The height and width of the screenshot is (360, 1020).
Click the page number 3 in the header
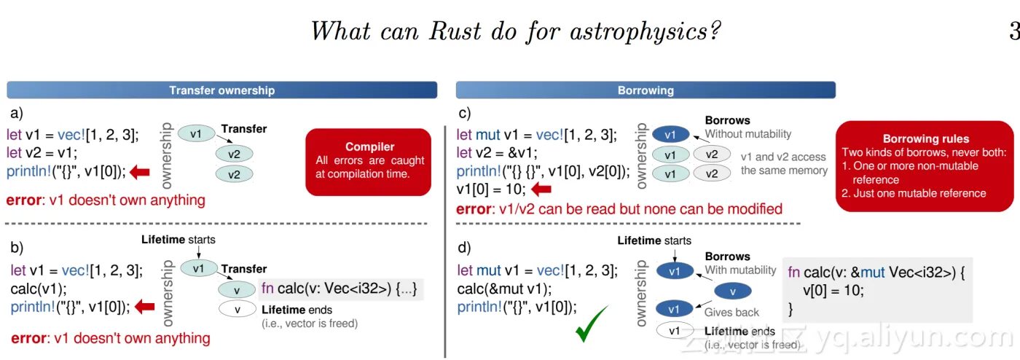(x=1013, y=31)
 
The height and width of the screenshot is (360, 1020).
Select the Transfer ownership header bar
(x=221, y=90)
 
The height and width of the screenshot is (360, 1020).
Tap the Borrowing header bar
(x=646, y=90)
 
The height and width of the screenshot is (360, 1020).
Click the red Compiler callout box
(x=369, y=162)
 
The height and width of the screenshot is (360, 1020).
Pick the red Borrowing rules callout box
(x=925, y=166)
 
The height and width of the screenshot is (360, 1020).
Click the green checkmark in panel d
(x=592, y=325)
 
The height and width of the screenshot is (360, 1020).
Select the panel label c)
(x=464, y=113)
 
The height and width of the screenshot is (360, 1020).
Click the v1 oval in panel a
(x=196, y=134)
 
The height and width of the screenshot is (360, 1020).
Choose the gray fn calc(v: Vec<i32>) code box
(x=340, y=289)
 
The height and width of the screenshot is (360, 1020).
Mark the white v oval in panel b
(x=238, y=309)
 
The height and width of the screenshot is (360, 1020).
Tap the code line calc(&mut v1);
(x=504, y=289)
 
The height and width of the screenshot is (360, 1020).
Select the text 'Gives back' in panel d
(x=731, y=312)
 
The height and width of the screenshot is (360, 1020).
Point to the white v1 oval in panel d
(x=675, y=331)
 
